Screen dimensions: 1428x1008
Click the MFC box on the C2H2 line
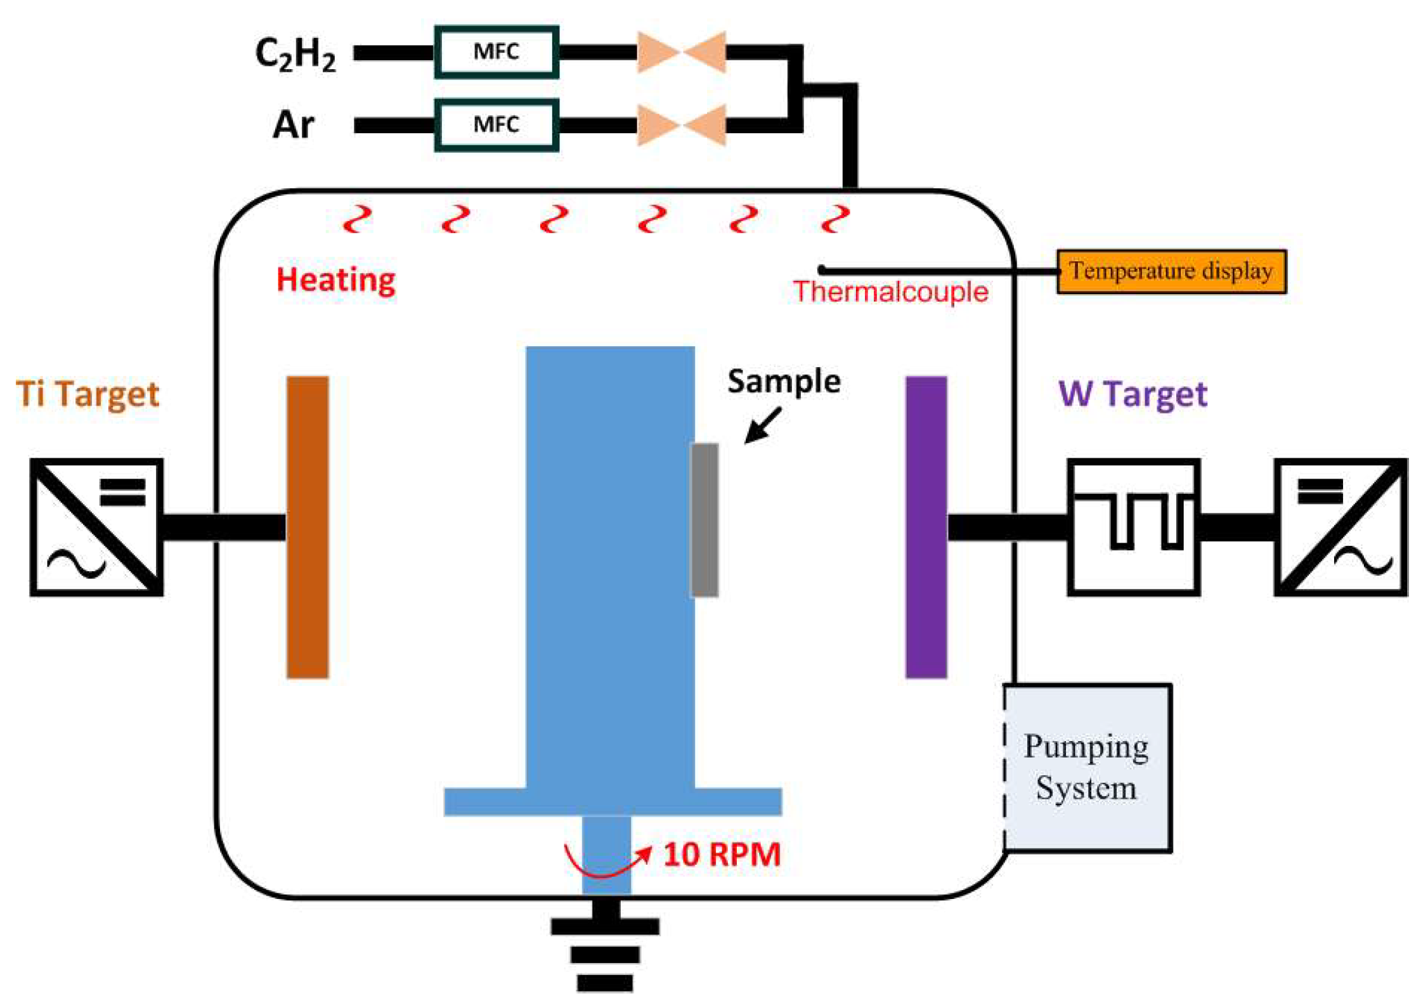click(497, 52)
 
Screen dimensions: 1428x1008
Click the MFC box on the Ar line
click(497, 125)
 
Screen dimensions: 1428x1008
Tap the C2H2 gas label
click(295, 55)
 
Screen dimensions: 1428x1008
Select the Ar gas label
click(294, 125)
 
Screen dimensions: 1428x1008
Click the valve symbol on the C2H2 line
click(682, 52)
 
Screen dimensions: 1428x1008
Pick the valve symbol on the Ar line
click(682, 125)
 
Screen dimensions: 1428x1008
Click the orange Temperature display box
click(1171, 271)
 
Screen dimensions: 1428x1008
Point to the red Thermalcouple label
click(890, 292)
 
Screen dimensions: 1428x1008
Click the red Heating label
click(336, 280)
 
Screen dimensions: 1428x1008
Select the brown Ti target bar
click(308, 527)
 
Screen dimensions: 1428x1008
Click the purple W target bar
click(926, 527)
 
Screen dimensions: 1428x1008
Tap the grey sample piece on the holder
click(704, 520)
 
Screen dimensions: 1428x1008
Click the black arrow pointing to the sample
click(762, 425)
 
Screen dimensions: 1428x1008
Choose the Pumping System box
click(1087, 768)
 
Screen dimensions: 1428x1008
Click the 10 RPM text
click(722, 854)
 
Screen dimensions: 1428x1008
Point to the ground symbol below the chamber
click(606, 945)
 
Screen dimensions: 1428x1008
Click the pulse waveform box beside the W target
click(1134, 527)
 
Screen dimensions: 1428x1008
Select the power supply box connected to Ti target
click(96, 527)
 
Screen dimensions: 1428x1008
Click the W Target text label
click(1133, 394)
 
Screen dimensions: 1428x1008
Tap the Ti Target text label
click(88, 394)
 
